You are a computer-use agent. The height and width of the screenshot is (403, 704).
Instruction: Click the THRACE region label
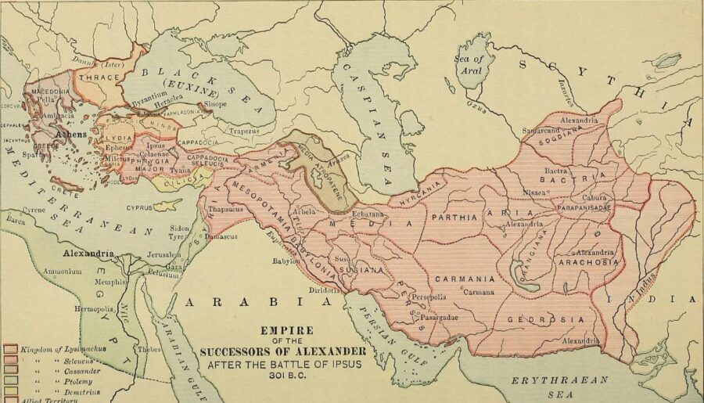pyautogui.click(x=98, y=78)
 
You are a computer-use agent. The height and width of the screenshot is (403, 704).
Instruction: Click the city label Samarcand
pyautogui.click(x=544, y=129)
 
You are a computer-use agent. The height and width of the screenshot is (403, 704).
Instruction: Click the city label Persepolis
pyautogui.click(x=427, y=297)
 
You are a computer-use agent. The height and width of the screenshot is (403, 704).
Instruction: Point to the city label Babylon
pyautogui.click(x=287, y=261)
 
